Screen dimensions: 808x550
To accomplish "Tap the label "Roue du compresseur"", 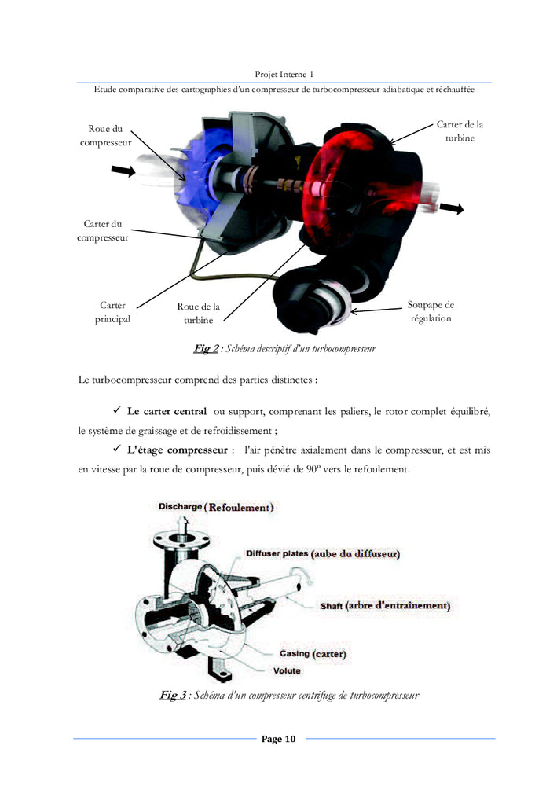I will point(105,135).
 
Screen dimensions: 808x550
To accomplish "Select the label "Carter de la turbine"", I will point(460,130).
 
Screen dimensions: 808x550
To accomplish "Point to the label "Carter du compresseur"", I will point(102,230).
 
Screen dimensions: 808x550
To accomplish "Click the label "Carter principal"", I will point(112,312).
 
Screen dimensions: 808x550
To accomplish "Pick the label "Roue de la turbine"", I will point(198,314).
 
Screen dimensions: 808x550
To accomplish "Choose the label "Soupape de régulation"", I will point(431,311).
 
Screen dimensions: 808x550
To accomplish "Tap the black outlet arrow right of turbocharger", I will point(451,208).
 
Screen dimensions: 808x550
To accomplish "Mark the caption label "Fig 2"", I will point(207,348).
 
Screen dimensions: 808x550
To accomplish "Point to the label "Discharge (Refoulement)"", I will point(216,508).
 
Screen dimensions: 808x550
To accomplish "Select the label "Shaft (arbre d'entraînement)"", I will point(384,606).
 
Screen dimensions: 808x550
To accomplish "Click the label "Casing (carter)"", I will point(313,654).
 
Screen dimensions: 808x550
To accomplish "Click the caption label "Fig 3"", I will point(173,695).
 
